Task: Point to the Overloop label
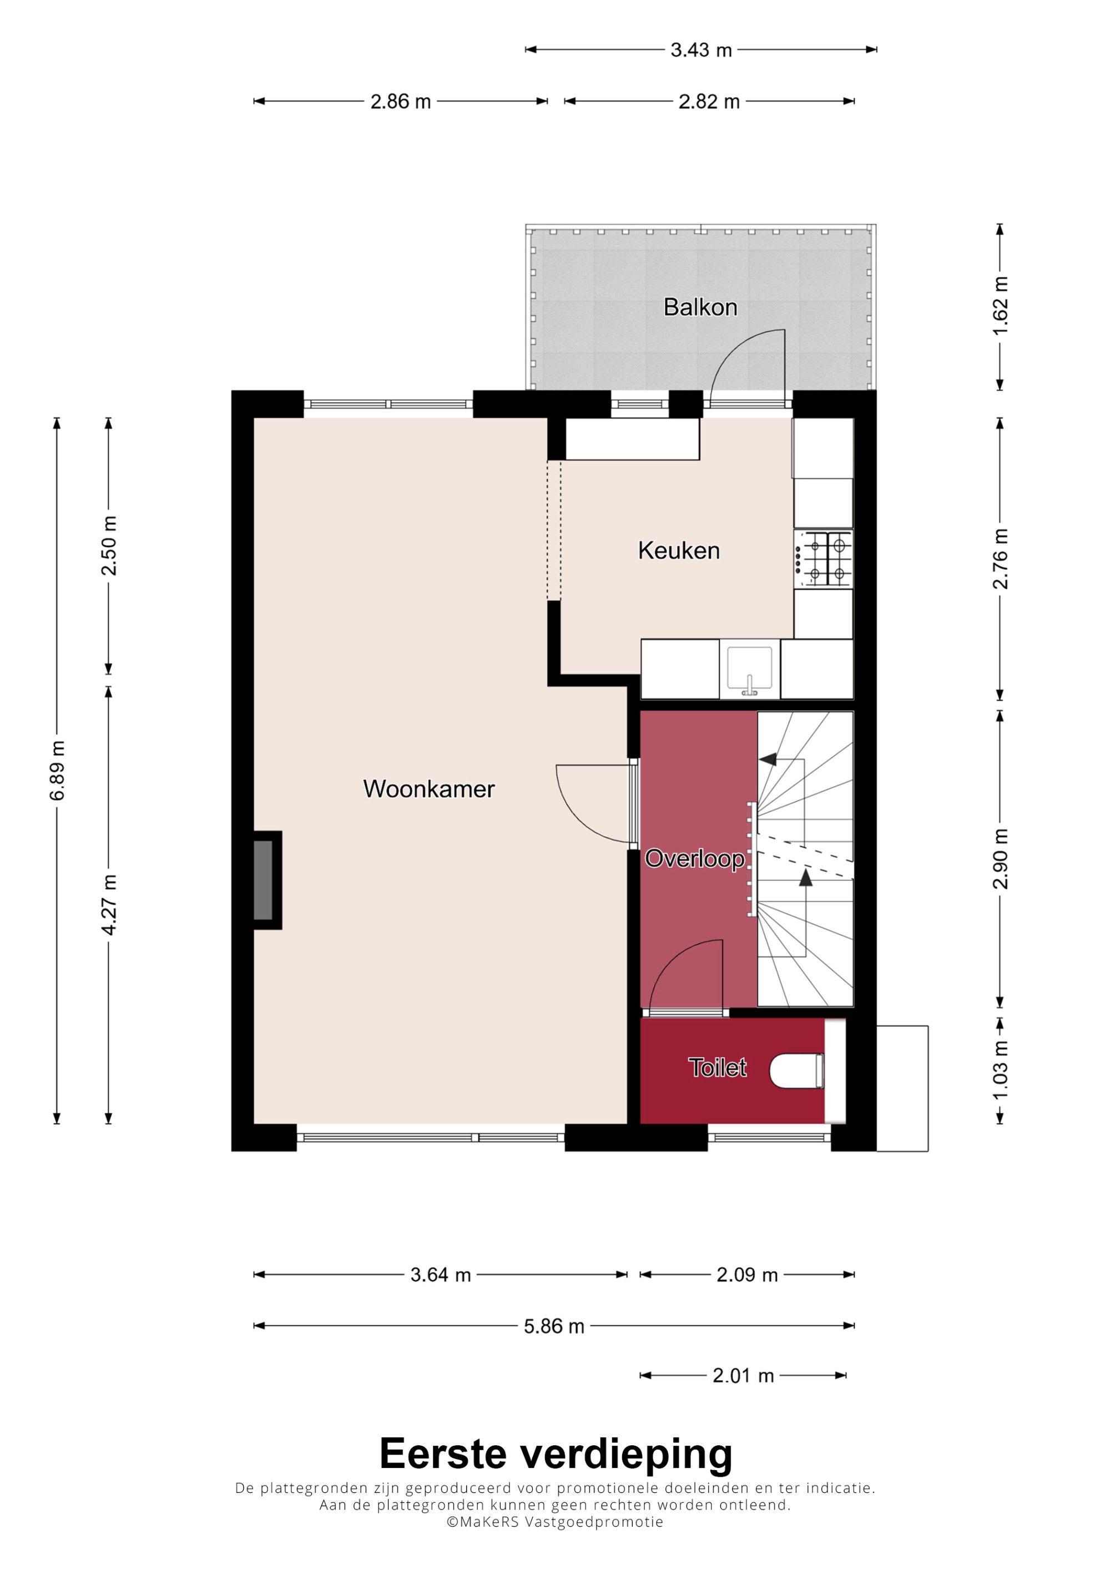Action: pyautogui.click(x=694, y=859)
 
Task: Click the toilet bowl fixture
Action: pyautogui.click(x=797, y=1070)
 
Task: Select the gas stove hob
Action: pyautogui.click(x=824, y=559)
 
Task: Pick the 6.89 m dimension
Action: pyautogui.click(x=58, y=770)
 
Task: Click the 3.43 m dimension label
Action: pyautogui.click(x=701, y=50)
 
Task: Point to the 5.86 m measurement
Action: pyautogui.click(x=554, y=1326)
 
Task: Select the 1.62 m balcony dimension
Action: pyautogui.click(x=1001, y=306)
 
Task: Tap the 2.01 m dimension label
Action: pyautogui.click(x=743, y=1376)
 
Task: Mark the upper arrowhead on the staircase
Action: pyautogui.click(x=768, y=759)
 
